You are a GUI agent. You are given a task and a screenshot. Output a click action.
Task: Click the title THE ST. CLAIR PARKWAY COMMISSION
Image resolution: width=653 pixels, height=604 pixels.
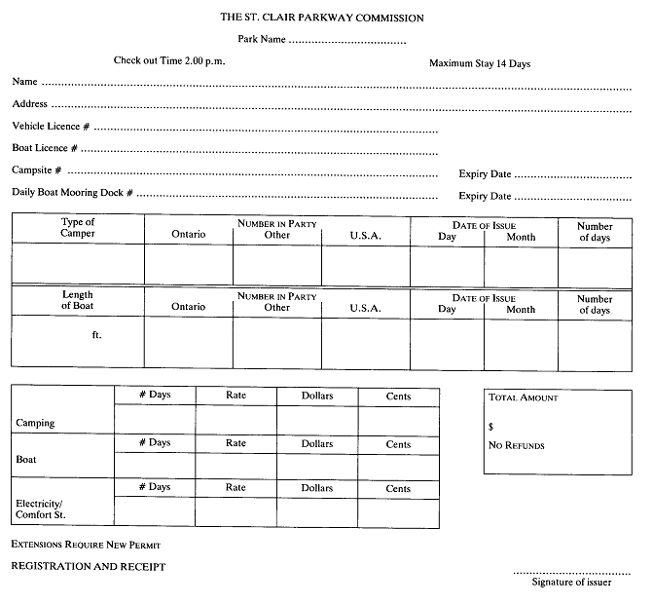(x=321, y=18)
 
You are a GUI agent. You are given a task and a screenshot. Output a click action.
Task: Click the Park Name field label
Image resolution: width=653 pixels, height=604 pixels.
(x=261, y=40)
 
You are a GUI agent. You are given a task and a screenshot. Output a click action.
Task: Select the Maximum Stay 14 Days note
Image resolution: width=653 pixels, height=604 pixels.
(x=480, y=63)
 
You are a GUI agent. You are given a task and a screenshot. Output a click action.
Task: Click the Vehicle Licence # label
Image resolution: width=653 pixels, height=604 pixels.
(x=51, y=127)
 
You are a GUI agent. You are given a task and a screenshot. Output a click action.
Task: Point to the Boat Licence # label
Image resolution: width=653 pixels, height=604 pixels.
(x=44, y=148)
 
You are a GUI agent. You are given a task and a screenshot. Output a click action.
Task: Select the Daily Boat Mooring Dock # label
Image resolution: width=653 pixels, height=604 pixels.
(x=72, y=192)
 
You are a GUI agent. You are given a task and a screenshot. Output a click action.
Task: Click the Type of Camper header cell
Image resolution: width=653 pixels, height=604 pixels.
(x=78, y=228)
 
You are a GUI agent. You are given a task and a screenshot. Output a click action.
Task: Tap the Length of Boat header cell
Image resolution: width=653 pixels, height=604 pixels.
(x=78, y=300)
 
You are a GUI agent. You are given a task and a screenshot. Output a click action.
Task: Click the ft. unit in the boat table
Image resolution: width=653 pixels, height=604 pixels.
(x=95, y=335)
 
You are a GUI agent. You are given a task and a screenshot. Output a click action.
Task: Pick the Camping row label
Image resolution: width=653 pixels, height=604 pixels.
(x=35, y=424)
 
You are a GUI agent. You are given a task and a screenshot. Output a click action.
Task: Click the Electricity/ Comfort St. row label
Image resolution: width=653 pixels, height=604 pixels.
(x=38, y=509)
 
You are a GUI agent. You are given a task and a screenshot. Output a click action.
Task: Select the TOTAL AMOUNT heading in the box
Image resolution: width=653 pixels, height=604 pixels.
(x=524, y=398)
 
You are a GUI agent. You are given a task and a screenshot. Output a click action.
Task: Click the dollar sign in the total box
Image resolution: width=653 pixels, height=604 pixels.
(x=491, y=427)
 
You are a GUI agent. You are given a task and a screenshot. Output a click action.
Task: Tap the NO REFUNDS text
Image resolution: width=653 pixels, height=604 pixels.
(x=516, y=446)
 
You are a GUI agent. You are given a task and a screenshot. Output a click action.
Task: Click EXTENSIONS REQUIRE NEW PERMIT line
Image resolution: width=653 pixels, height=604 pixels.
(x=86, y=544)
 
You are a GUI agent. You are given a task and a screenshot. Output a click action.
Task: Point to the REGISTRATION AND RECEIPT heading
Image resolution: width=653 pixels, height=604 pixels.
(x=88, y=566)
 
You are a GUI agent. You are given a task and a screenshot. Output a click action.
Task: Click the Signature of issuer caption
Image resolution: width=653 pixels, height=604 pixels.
(x=571, y=583)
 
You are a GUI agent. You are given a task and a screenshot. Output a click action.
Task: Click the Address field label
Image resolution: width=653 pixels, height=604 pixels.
(x=29, y=103)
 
